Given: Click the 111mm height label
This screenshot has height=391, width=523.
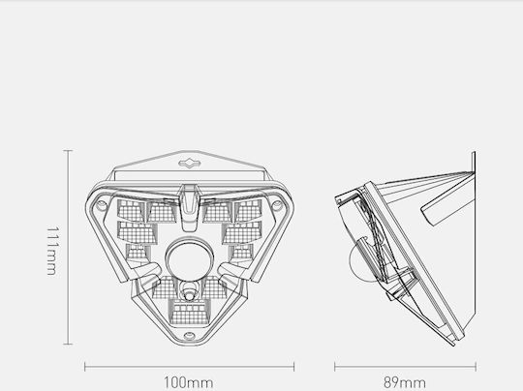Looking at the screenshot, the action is (52, 251).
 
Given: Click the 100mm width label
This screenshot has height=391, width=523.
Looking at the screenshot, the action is (189, 382).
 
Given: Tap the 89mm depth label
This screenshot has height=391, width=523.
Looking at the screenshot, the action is (405, 382).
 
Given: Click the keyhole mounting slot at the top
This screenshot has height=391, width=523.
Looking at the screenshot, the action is (190, 164).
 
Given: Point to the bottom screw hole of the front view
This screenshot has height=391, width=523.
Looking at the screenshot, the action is (189, 335).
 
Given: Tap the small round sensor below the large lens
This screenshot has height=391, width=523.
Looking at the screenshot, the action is (189, 294).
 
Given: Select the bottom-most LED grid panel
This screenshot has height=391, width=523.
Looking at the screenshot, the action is (189, 312).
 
